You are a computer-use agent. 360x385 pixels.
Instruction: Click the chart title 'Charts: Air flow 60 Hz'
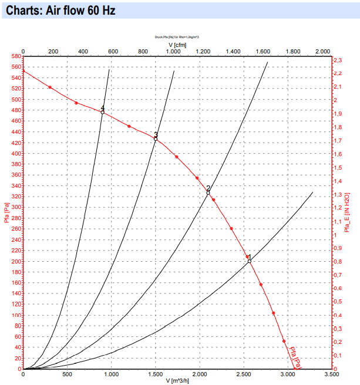point(60,11)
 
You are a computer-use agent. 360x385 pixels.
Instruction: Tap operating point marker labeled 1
point(250,261)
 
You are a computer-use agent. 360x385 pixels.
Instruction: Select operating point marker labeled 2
point(208,192)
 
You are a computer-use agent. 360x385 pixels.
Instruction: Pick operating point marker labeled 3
point(156,139)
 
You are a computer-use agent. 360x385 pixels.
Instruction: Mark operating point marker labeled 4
point(103,112)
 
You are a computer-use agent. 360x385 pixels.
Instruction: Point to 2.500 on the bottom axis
point(243,374)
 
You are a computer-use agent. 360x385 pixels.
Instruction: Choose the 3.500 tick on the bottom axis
point(331,374)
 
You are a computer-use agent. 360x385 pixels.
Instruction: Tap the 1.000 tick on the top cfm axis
point(173,52)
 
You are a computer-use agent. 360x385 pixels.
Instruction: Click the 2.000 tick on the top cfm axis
point(322,52)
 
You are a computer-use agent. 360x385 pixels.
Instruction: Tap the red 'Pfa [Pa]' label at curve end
point(294,358)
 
